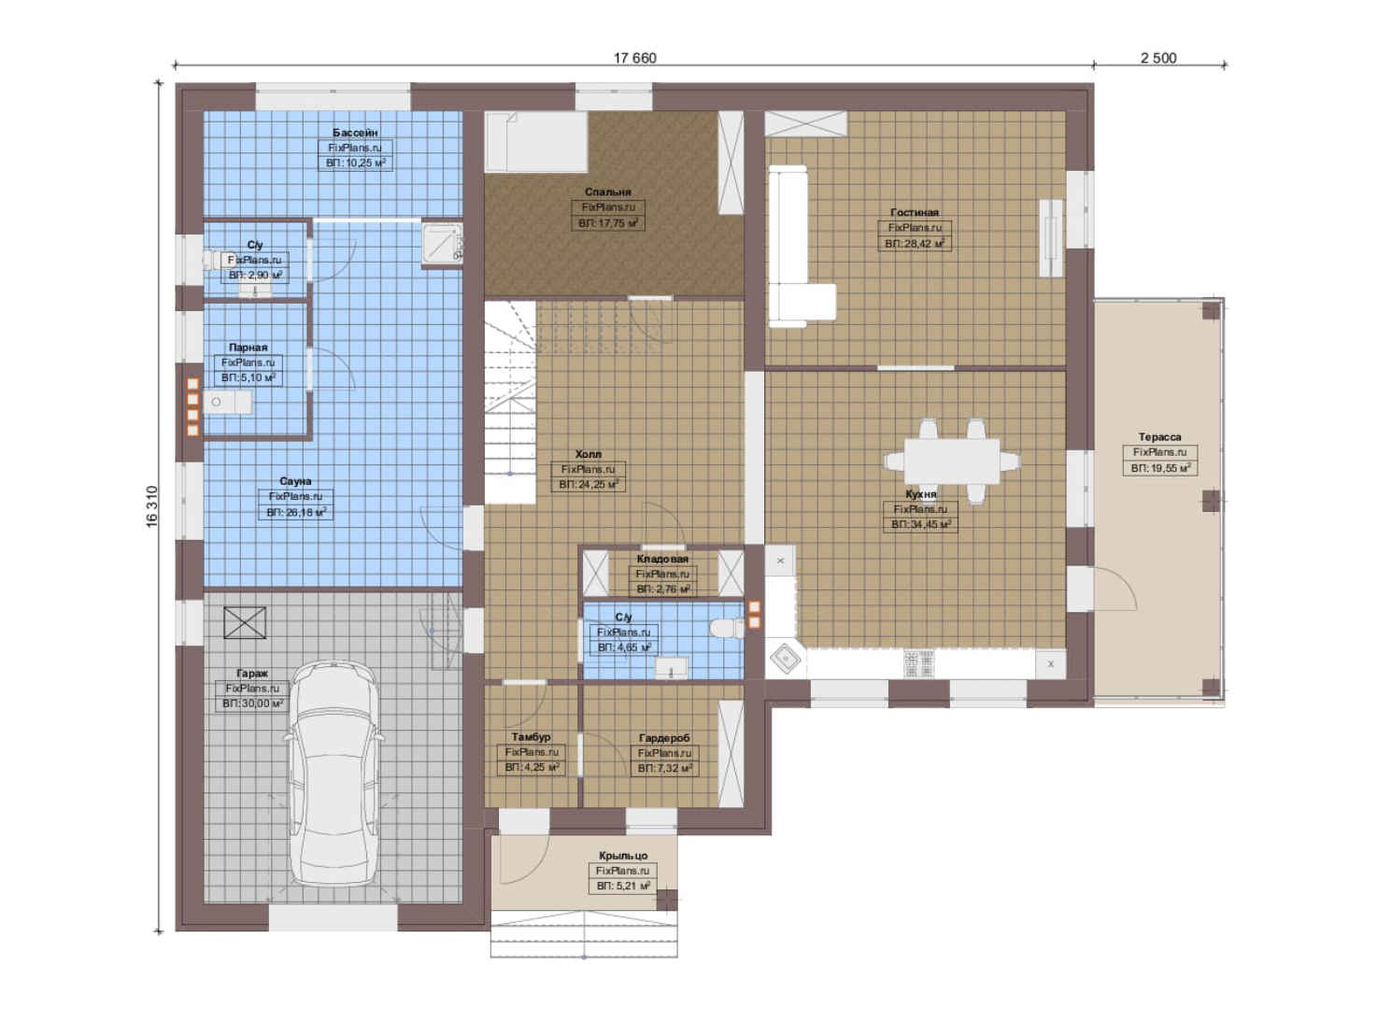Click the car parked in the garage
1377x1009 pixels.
click(x=333, y=774)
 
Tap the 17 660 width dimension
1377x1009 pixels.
click(x=634, y=59)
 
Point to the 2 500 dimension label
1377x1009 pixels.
click(x=1158, y=59)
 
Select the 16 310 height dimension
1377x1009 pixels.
click(x=152, y=506)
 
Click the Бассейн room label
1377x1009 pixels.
click(x=355, y=133)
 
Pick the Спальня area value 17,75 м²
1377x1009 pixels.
click(x=608, y=223)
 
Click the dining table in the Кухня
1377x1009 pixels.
click(x=952, y=461)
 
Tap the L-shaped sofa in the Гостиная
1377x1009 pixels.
click(x=799, y=246)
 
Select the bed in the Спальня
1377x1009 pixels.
click(x=536, y=141)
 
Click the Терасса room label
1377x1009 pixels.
click(x=1159, y=437)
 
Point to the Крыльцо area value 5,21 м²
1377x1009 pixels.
click(x=623, y=886)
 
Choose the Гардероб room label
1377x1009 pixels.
click(x=664, y=738)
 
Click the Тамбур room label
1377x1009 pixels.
click(x=532, y=736)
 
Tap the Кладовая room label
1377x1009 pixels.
click(x=662, y=559)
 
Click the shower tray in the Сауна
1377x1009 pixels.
click(x=442, y=245)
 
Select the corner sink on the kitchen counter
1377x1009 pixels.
click(x=787, y=660)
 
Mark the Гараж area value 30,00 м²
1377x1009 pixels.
click(x=252, y=703)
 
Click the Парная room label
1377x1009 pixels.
click(x=248, y=348)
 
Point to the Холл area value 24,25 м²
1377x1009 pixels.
click(x=588, y=485)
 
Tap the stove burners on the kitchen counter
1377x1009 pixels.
click(x=918, y=663)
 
